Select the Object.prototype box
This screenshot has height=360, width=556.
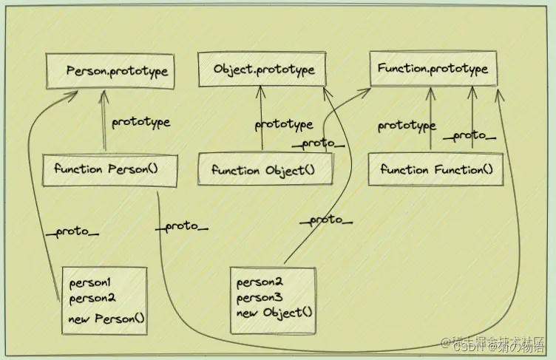(x=264, y=69)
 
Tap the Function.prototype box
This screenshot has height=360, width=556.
(x=433, y=69)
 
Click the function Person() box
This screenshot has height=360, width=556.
(x=111, y=169)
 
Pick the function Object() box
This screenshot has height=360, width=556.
(x=264, y=170)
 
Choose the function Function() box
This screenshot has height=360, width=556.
(x=435, y=169)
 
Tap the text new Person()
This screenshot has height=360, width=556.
(x=107, y=320)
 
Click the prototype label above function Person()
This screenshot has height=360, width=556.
(x=140, y=123)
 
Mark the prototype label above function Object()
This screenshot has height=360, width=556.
(x=284, y=125)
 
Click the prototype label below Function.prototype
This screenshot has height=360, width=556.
(x=406, y=126)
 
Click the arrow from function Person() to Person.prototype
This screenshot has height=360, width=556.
(x=104, y=122)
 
